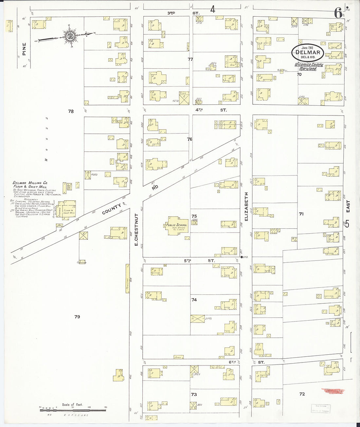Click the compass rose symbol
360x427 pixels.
pyautogui.click(x=69, y=36)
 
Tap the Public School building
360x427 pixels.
pyautogui.click(x=176, y=225)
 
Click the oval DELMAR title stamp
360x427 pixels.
pyautogui.click(x=309, y=52)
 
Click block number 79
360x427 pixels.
pyautogui.click(x=77, y=317)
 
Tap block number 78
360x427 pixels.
pyautogui.click(x=71, y=111)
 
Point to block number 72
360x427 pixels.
pyautogui.click(x=302, y=394)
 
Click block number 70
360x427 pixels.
pyautogui.click(x=299, y=74)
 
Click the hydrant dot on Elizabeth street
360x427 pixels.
pyautogui.click(x=242, y=257)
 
